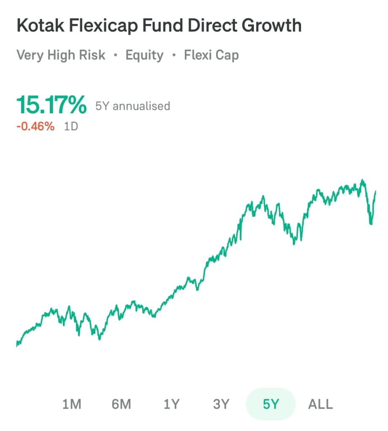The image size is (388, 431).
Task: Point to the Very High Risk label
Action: [61, 55]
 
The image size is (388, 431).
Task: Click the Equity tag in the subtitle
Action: [144, 55]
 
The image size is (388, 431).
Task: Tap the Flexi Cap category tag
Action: [211, 55]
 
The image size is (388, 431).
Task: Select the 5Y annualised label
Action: [132, 106]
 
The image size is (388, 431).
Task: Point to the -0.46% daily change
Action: [35, 126]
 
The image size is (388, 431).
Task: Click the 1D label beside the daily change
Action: [71, 126]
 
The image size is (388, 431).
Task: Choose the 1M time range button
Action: [71, 404]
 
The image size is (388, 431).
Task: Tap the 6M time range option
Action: [121, 404]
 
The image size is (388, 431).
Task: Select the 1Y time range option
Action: [171, 404]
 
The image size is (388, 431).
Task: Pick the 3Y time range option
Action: [221, 404]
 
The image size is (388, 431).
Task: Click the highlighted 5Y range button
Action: [270, 404]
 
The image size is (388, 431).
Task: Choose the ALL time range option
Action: [321, 404]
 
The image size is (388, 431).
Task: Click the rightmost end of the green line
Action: [375, 192]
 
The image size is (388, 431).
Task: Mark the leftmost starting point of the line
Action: [17, 344]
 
